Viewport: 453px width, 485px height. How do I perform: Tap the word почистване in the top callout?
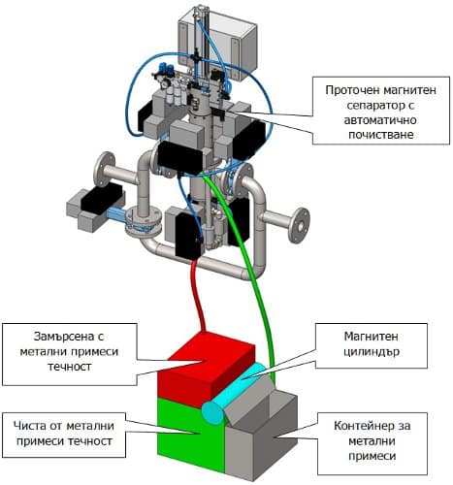pyautogui.click(x=381, y=135)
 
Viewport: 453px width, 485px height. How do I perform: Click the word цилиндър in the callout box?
pyautogui.click(x=372, y=352)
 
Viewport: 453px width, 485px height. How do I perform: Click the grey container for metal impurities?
pyautogui.click(x=259, y=443)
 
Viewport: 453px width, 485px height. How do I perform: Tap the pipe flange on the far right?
pyautogui.click(x=300, y=225)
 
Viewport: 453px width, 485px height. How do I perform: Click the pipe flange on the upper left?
pyautogui.click(x=104, y=169)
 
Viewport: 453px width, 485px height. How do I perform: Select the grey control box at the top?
pyautogui.click(x=217, y=46)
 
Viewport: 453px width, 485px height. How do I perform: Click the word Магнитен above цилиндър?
pyautogui.click(x=371, y=337)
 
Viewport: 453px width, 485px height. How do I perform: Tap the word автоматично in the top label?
pyautogui.click(x=380, y=120)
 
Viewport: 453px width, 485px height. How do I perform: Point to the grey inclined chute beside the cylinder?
pyautogui.click(x=249, y=401)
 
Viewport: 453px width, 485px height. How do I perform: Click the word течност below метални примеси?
pyautogui.click(x=70, y=367)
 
